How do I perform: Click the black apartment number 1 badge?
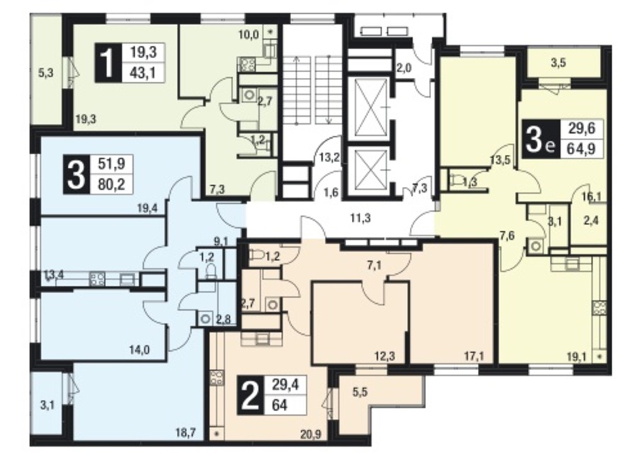point(108,63)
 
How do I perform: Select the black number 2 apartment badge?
point(251,395)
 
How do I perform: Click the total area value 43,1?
point(142,73)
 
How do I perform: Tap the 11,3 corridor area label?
point(360,219)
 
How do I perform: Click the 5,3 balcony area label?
point(46,73)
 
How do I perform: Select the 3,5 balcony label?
point(559,63)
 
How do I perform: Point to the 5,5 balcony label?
point(360,392)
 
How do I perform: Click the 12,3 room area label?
point(384,355)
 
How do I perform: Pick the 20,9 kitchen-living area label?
point(311,434)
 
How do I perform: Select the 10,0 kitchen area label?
point(248,35)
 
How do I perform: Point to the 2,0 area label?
point(403,68)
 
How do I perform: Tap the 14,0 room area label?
point(140,350)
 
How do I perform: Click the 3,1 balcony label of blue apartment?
point(47,405)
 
